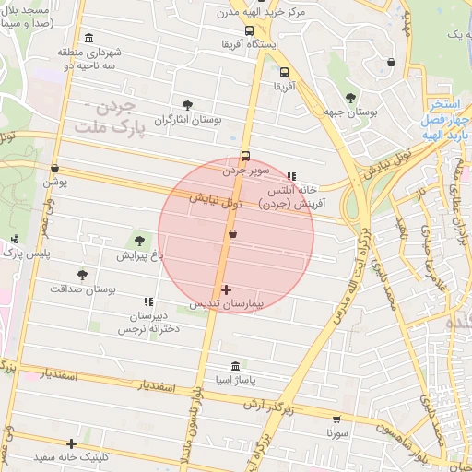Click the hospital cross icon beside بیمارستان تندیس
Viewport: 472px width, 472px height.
coord(227,290)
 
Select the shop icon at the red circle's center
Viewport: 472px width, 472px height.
coord(231,234)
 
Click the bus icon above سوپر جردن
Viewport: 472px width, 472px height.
coord(245,156)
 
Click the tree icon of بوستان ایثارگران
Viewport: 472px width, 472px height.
coord(188,105)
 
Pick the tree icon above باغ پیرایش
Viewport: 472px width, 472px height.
coord(140,241)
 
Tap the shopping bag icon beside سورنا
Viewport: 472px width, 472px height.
coord(335,417)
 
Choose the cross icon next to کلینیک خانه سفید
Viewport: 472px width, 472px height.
coord(71,443)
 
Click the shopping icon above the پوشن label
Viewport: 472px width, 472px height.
coord(55,170)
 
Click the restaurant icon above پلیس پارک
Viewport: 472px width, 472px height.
coord(15,240)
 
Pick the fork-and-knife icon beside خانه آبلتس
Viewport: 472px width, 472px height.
coord(293,175)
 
